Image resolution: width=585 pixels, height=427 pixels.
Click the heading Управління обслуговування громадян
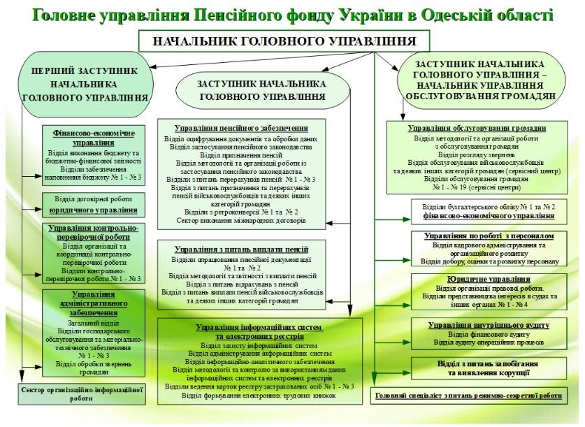pyautogui.click(x=477, y=129)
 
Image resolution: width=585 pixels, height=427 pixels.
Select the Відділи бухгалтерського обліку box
pyautogui.click(x=484, y=211)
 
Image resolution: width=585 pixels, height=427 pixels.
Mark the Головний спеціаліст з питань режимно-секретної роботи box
pyautogui.click(x=469, y=396)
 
